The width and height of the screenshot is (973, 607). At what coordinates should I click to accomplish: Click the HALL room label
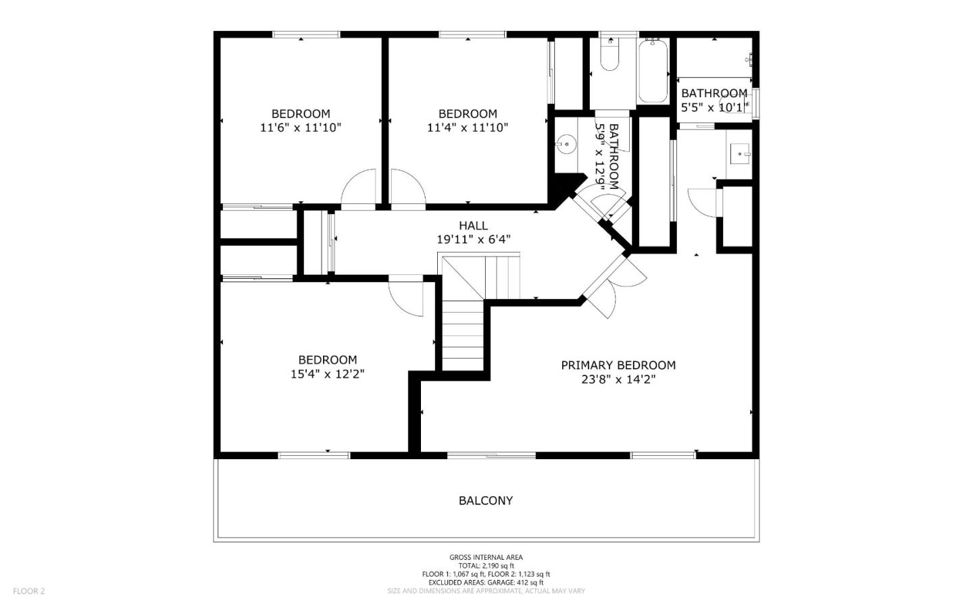[473, 226]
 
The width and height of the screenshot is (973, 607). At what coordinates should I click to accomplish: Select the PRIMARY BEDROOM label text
[618, 365]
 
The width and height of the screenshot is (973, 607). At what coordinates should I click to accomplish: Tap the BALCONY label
[486, 500]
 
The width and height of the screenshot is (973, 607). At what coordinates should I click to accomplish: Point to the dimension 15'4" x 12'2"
[328, 374]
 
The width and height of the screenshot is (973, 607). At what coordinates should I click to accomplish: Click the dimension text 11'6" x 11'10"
[301, 128]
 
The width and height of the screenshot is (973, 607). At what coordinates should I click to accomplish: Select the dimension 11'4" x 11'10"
[468, 128]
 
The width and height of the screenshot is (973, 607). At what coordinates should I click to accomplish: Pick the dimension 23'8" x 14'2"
[618, 379]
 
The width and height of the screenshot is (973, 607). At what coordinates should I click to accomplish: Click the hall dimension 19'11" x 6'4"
[473, 239]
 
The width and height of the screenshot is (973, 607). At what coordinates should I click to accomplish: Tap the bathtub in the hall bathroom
[653, 71]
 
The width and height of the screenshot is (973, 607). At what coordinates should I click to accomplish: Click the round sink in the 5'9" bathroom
[566, 144]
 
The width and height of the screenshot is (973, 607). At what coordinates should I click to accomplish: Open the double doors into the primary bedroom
[615, 284]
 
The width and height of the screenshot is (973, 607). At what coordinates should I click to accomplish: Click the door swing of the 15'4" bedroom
[406, 297]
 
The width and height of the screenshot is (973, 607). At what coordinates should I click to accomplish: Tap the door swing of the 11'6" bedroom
[359, 187]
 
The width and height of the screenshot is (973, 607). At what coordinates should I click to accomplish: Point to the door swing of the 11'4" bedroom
[408, 187]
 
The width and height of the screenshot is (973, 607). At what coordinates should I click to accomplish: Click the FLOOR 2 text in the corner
[28, 591]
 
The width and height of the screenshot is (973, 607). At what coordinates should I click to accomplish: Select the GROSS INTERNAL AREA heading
[486, 557]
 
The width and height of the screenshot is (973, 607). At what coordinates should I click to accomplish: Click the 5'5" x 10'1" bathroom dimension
[714, 107]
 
